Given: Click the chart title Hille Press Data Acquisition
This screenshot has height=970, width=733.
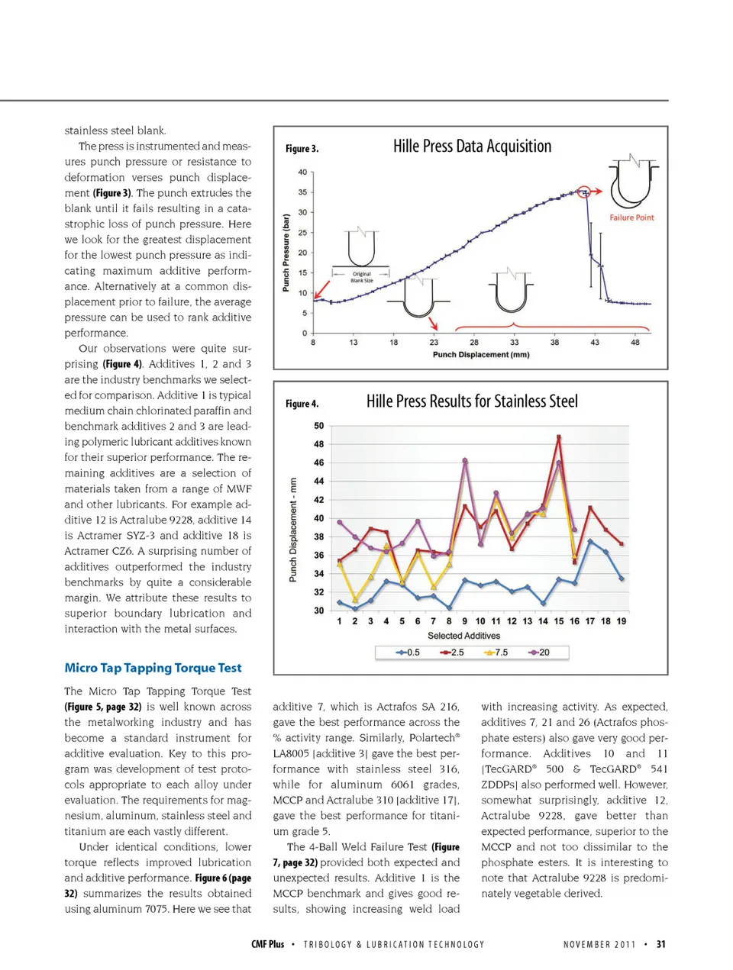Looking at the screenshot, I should point(472,147).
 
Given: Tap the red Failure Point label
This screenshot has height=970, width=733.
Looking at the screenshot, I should point(631,218).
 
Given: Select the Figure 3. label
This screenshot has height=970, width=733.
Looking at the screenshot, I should point(302,149).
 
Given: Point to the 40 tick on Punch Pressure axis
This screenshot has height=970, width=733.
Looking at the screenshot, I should point(302,172).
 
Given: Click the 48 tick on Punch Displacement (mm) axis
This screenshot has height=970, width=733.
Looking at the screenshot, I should point(635,343).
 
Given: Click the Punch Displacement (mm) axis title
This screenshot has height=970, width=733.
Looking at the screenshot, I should point(480,355).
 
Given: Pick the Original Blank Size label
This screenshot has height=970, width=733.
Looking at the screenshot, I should point(362,277).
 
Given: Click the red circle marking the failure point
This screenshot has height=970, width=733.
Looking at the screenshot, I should point(584,192).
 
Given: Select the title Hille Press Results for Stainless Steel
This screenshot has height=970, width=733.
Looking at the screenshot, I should point(472,401).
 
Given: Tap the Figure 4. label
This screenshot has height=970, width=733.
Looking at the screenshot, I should point(302,404).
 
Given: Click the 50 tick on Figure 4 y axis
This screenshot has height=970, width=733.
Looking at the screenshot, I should point(318,426).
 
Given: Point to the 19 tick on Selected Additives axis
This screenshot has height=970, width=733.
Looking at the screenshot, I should point(622,621).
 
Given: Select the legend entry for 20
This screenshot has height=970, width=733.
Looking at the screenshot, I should point(539,653).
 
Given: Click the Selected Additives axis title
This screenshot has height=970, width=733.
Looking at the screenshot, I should point(463,636).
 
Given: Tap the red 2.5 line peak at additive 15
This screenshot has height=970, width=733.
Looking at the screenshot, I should point(559,437).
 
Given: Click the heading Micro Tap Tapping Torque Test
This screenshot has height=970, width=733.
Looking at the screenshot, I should point(153,668).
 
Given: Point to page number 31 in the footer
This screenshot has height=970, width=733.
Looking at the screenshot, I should point(661,944).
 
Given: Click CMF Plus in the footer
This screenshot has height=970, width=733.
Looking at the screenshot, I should point(267,944).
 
